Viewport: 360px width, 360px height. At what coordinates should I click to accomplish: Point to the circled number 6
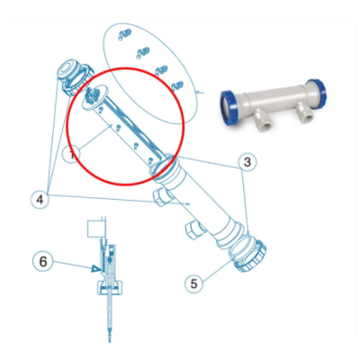pyautogui.click(x=41, y=262)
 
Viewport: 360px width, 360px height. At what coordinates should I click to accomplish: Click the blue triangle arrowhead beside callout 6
pyautogui.click(x=94, y=267)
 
